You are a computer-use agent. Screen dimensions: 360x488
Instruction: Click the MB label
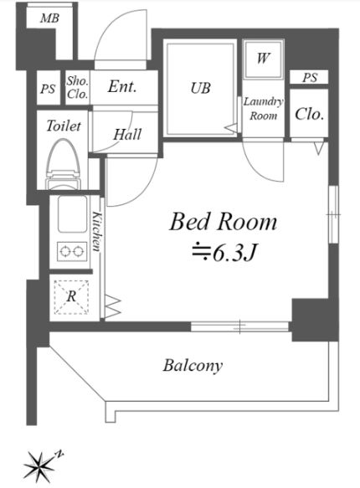pyautogui.click(x=49, y=18)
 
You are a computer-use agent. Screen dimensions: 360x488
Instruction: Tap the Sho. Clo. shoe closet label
pyautogui.click(x=78, y=87)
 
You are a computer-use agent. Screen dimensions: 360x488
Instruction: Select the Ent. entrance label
pyautogui.click(x=122, y=86)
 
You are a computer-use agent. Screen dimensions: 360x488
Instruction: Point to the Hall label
pyautogui.click(x=127, y=135)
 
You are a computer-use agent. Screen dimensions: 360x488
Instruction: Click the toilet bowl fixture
pyautogui.click(x=64, y=164)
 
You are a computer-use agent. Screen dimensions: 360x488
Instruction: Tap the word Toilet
pyautogui.click(x=64, y=126)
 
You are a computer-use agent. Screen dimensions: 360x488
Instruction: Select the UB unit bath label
pyautogui.click(x=201, y=88)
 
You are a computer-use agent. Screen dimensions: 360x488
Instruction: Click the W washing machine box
pyautogui.click(x=263, y=59)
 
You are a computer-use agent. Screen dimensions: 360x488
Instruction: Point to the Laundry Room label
pyautogui.click(x=263, y=109)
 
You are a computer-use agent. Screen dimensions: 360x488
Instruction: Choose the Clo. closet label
pyautogui.click(x=309, y=114)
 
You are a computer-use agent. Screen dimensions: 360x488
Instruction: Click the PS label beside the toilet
pyautogui.click(x=48, y=89)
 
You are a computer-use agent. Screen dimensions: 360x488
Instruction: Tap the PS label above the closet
pyautogui.click(x=310, y=77)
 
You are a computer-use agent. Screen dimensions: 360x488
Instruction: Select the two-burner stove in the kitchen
pyautogui.click(x=72, y=251)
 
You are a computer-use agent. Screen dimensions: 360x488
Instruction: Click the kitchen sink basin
pyautogui.click(x=72, y=213)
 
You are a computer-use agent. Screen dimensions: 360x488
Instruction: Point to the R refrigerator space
pyautogui.click(x=71, y=296)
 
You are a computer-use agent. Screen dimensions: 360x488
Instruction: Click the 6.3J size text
pyautogui.click(x=224, y=253)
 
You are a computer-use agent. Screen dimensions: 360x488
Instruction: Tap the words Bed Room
pyautogui.click(x=223, y=222)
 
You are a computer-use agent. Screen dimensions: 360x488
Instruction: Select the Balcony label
pyautogui.click(x=193, y=366)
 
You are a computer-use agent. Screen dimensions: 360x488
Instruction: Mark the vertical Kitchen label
pyautogui.click(x=97, y=231)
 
